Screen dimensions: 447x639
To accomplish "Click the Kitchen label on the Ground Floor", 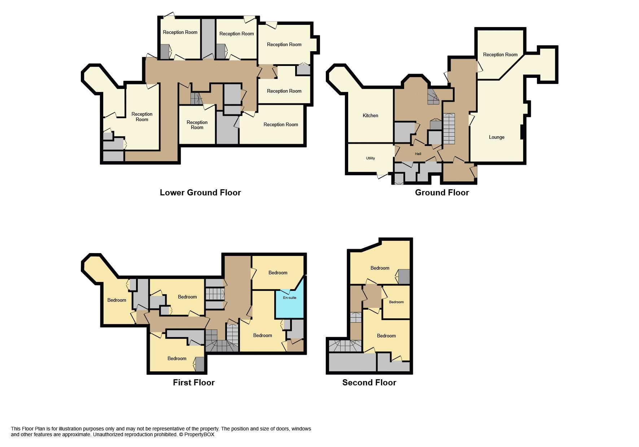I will [x=370, y=116].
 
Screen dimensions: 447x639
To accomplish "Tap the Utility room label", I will [x=370, y=158].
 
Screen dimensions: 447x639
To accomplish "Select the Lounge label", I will [x=496, y=137].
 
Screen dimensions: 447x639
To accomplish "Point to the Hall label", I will [x=418, y=154].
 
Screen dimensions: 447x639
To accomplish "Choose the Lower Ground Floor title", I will [x=200, y=192].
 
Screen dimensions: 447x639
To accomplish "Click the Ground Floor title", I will [x=442, y=192].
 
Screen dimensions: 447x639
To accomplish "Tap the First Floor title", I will [x=193, y=382].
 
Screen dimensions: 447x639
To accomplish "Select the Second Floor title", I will [x=369, y=382].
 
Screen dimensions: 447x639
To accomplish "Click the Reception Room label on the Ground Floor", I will [x=500, y=55].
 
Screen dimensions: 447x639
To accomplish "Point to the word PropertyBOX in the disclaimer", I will [x=199, y=435].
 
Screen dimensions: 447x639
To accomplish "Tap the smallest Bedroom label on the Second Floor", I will [x=396, y=302].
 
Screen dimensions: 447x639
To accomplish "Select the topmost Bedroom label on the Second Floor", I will [x=380, y=268].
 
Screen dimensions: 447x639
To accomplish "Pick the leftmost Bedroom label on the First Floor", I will [x=117, y=300].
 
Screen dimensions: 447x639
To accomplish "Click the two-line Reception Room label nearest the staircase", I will [x=197, y=125].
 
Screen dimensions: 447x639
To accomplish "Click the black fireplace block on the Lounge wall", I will [x=522, y=132].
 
